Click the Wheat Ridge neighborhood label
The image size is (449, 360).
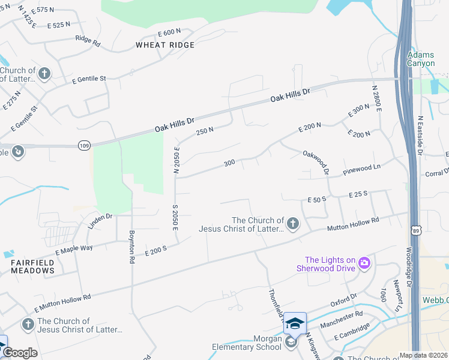(165, 45)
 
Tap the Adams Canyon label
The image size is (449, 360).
(420, 58)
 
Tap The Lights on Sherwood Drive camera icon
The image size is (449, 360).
(363, 263)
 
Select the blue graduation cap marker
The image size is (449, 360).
(295, 323)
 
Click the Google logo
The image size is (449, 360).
(20, 353)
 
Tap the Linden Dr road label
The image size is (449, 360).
(100, 217)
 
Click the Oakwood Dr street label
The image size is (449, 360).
(316, 162)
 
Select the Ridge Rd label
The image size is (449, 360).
(88, 41)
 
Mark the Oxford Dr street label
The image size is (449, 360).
(343, 299)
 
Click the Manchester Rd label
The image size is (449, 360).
(342, 318)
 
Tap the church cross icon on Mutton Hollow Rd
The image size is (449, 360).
(293, 224)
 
